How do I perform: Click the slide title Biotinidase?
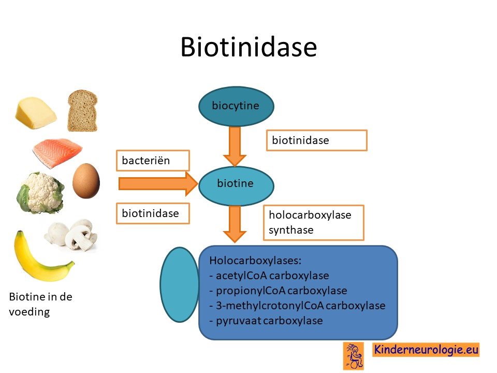point(249,47)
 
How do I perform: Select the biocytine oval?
point(236,106)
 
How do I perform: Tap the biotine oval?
point(236,185)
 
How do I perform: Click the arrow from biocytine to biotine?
point(235,147)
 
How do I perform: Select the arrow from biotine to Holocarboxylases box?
point(235,224)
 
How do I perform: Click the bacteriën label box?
point(153,161)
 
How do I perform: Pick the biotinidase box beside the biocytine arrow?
point(317,140)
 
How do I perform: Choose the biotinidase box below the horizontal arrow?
point(153,213)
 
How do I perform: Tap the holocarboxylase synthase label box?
point(314,223)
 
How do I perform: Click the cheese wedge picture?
point(36,112)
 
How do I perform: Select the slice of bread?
point(82,110)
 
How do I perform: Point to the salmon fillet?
point(57,152)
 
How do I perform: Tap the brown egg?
point(86,181)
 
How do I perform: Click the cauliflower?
point(40,193)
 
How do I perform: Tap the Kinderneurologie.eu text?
point(426,350)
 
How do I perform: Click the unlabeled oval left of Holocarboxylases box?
point(180,285)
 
